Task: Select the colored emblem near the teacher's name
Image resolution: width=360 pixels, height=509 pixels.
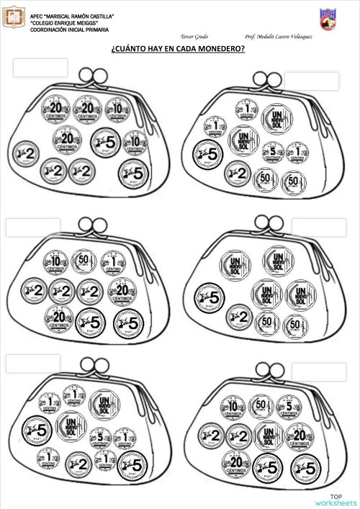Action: click(326, 19)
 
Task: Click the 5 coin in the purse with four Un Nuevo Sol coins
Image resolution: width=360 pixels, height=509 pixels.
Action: click(211, 296)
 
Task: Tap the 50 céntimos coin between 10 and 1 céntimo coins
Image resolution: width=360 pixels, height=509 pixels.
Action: click(83, 260)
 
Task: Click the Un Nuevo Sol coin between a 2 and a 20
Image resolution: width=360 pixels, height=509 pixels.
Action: click(267, 435)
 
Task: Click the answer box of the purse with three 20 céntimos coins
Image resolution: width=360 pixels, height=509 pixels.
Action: click(40, 68)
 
